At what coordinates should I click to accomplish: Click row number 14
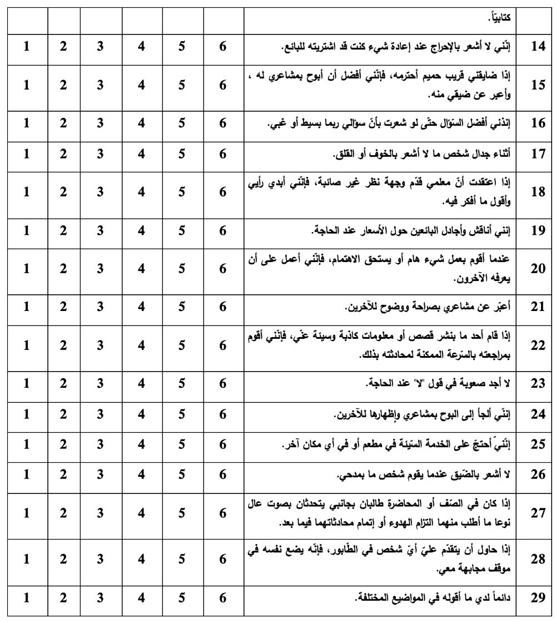[538, 47]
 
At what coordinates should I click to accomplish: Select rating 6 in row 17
[223, 154]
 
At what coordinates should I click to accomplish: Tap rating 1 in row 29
[27, 598]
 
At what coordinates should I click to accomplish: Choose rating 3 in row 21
[100, 308]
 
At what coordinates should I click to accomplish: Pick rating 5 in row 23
[182, 383]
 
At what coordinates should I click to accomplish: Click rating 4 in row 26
[141, 476]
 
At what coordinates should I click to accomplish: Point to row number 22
[538, 345]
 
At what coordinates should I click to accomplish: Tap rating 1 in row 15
[27, 85]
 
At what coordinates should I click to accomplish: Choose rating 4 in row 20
[141, 269]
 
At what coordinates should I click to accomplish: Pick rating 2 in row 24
[63, 415]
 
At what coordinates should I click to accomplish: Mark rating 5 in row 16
[182, 124]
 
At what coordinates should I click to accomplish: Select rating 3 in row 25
[100, 445]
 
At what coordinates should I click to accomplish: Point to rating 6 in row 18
[223, 192]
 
